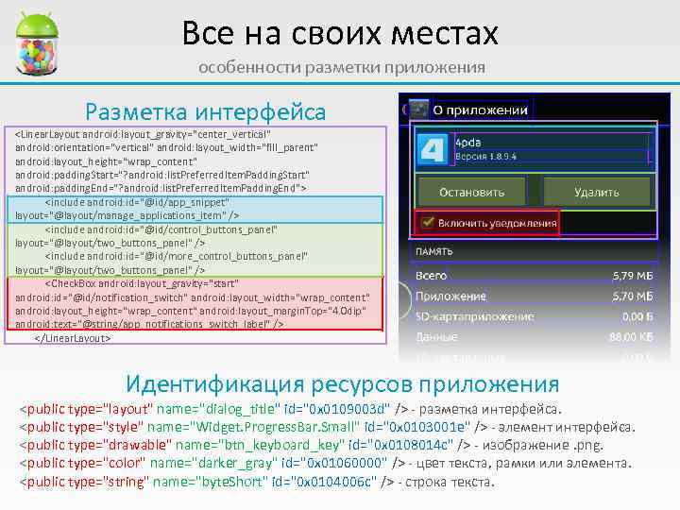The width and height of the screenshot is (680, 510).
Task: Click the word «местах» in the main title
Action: point(444,34)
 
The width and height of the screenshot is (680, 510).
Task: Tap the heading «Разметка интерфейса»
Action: point(205,111)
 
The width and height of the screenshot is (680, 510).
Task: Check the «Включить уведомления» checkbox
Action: point(428,223)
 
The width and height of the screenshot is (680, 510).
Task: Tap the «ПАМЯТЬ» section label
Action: point(434,252)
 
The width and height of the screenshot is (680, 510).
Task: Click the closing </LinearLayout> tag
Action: point(73,336)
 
